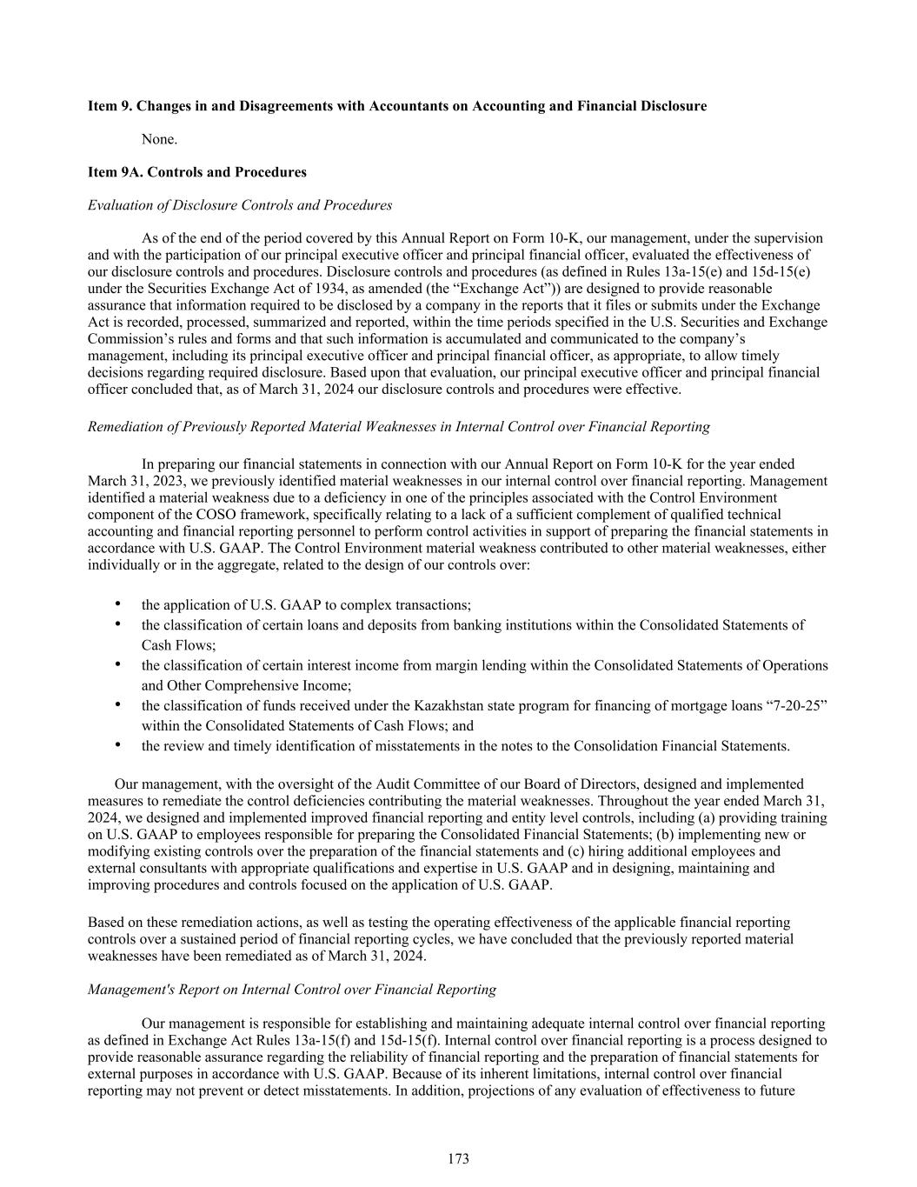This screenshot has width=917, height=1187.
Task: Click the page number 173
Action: point(458,1158)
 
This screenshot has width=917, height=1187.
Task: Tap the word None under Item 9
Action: point(159,139)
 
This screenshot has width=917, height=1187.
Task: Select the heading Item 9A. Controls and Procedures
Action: point(197,172)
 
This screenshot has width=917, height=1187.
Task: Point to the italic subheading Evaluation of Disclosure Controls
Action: point(240,205)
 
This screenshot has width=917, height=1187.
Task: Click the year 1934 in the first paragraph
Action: point(302,289)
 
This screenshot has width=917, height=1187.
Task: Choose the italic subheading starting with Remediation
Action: point(398,427)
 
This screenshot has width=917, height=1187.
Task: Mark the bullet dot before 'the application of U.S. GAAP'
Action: point(117,604)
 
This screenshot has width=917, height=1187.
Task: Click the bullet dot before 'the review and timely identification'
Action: point(117,745)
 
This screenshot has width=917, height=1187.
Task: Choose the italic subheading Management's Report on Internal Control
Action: point(292,990)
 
